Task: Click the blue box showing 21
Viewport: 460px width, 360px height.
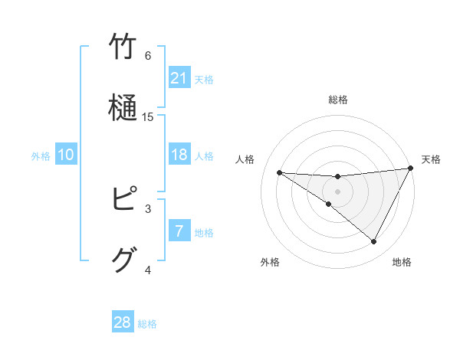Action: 179,78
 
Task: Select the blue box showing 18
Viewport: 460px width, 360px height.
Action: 179,155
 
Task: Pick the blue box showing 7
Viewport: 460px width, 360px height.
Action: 179,231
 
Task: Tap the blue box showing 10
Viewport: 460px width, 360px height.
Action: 66,155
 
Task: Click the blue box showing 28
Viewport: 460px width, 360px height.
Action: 123,322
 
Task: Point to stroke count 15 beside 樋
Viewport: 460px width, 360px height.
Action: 148,116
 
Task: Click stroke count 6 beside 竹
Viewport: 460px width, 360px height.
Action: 148,56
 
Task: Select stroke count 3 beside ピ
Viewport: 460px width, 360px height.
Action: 148,208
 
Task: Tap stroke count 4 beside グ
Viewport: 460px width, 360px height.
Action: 148,270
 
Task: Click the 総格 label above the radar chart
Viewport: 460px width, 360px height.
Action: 337,100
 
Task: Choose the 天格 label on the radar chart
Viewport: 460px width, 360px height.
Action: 431,159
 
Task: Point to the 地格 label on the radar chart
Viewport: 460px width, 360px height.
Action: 402,262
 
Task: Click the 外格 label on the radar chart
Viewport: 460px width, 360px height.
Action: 270,262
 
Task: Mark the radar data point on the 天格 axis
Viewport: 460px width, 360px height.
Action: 411,169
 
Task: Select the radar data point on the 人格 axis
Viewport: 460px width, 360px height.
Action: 279,172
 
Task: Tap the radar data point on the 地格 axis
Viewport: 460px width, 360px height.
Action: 373,242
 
